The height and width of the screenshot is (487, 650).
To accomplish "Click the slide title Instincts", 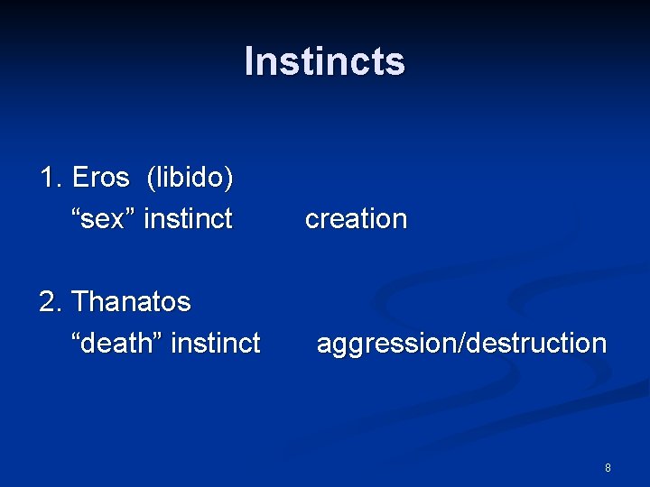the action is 325,61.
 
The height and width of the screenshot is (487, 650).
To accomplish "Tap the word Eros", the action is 101,177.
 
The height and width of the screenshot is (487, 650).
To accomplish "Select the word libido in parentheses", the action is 190,178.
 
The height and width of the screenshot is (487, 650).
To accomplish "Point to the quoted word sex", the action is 103,218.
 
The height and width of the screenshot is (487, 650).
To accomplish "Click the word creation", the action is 356,218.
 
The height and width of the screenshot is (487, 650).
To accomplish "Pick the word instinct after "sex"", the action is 188,218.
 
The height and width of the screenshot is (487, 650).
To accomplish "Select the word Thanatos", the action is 131,301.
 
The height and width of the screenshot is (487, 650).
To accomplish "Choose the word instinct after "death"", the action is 216,343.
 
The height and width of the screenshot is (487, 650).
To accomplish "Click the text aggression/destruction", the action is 462,344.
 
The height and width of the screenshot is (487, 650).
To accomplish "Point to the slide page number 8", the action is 608,468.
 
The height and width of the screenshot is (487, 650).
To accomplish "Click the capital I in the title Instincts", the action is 249,61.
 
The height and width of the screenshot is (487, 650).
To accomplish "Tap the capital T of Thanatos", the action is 79,301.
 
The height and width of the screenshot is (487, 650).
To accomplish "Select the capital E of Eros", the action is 79,177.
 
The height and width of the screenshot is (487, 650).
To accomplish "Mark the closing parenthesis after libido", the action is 229,179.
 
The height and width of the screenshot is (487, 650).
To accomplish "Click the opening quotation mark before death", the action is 76,335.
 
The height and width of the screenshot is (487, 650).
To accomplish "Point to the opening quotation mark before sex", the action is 76,212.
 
